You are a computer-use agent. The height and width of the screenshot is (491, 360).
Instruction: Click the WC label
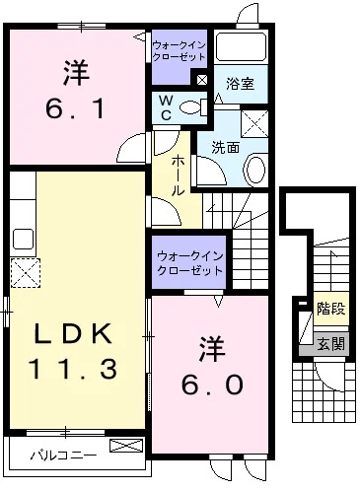point(164,107)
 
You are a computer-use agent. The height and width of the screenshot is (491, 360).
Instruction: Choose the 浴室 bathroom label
point(240,85)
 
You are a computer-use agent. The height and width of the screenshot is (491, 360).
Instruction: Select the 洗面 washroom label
point(225,147)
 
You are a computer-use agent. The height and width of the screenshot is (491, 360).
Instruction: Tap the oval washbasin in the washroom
point(253,171)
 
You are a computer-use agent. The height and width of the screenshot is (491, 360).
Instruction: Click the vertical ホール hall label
point(177,174)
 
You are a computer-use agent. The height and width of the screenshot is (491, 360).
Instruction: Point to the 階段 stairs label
point(330,309)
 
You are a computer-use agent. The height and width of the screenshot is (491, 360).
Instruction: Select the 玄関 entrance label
point(330,343)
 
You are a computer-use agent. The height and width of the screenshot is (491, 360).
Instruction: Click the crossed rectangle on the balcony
point(125,447)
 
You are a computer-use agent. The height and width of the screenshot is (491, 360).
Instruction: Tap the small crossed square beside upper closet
point(201,79)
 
